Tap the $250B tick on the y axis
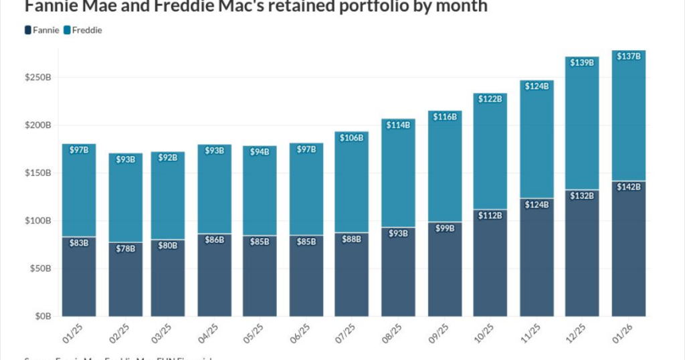38,78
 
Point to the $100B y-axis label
38,221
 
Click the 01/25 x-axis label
76,331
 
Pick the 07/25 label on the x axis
352,331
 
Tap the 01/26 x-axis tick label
628,331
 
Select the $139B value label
583,62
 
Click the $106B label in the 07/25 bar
353,137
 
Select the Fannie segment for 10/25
490,268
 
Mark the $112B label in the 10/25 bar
490,215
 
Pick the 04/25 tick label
214,331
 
